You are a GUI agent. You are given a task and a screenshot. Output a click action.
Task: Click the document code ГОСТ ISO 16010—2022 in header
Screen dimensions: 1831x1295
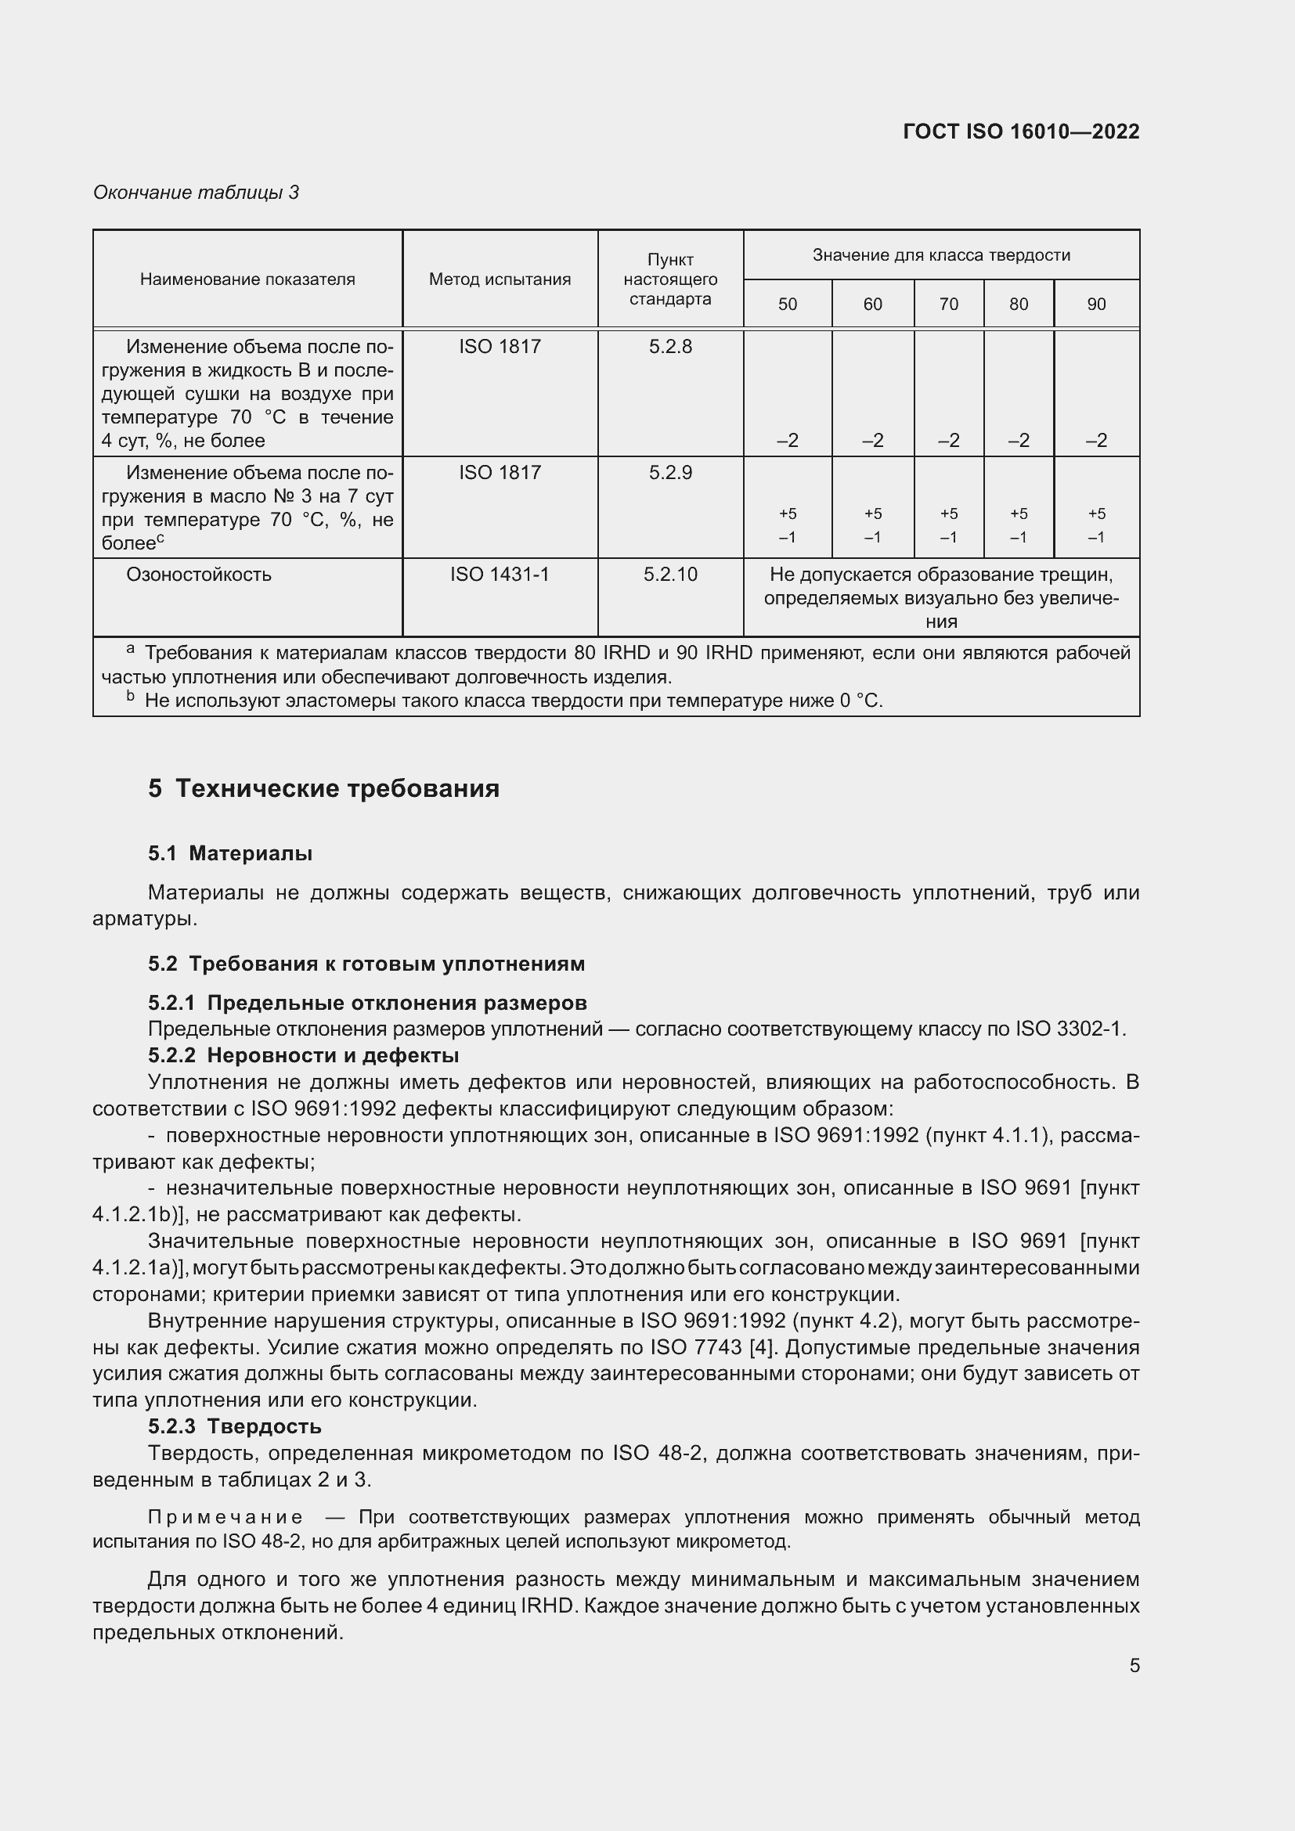tap(1021, 132)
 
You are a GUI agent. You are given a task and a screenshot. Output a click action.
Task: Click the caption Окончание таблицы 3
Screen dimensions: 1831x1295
tap(197, 193)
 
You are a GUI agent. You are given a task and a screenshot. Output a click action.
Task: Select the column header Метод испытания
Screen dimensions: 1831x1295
tap(500, 279)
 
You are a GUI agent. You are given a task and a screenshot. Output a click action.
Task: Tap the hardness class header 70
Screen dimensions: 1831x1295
tap(948, 304)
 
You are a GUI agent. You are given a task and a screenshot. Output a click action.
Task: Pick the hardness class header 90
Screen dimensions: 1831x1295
tap(1096, 304)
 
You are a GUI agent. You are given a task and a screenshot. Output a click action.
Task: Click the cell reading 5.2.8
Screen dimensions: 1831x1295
tap(670, 346)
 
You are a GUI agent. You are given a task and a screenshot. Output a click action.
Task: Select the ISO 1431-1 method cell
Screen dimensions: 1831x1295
tap(500, 574)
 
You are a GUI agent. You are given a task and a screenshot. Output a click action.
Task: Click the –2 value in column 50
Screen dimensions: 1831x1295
tap(787, 440)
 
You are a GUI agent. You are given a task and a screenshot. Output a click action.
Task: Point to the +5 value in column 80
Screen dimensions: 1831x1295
tap(1019, 514)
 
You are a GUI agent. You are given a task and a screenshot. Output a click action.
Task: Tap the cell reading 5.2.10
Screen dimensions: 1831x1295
tap(670, 574)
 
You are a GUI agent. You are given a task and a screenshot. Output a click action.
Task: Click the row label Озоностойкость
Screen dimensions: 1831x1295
tap(199, 574)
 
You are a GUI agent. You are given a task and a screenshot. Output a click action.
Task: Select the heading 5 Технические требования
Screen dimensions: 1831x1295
tap(324, 789)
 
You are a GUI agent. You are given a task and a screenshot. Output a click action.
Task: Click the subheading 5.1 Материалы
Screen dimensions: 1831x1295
tap(230, 853)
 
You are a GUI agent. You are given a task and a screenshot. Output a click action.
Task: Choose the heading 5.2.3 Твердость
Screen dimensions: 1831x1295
tap(235, 1426)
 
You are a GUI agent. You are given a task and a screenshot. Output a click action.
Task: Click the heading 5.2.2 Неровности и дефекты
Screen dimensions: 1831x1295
tap(304, 1055)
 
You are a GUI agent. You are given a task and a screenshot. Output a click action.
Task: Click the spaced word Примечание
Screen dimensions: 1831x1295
tap(225, 1517)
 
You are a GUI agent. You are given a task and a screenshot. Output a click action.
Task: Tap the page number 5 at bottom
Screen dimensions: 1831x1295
tap(1134, 1665)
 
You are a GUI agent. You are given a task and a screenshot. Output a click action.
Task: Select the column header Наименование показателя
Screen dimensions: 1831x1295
tap(247, 279)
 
